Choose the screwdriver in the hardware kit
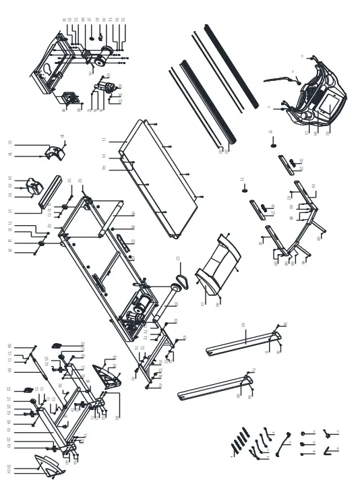click(280, 442)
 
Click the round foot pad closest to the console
click(274, 142)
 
